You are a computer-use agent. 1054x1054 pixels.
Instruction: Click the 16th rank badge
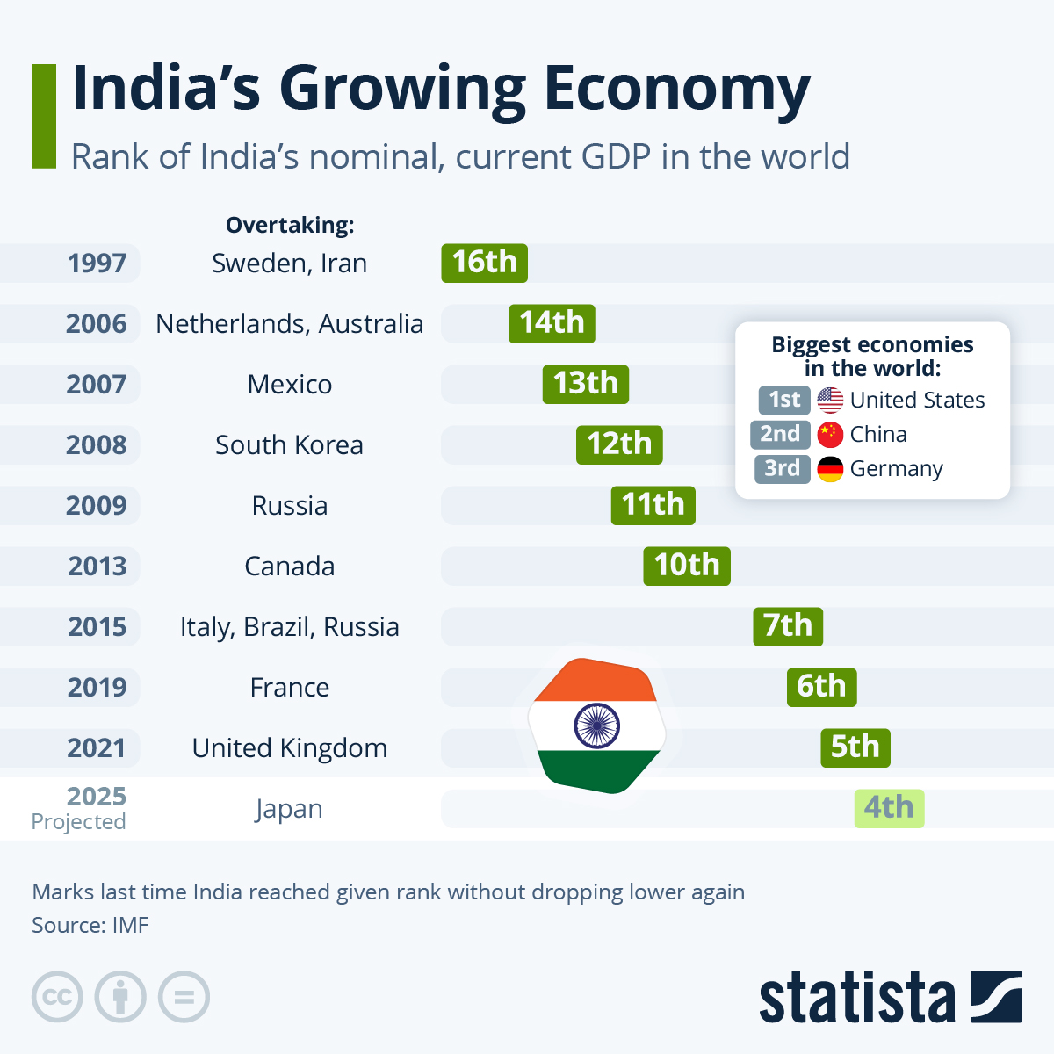(484, 263)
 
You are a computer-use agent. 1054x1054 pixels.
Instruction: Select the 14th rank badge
(552, 323)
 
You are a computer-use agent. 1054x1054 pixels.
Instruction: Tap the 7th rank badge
(788, 626)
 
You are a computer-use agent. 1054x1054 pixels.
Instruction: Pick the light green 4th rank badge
(889, 808)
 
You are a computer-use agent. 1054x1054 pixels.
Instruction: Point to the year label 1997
(97, 263)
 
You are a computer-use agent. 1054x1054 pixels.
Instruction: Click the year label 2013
(97, 567)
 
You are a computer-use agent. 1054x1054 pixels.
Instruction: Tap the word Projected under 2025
(78, 822)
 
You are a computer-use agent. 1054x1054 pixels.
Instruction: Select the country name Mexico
(290, 385)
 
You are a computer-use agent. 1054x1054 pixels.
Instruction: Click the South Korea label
(289, 445)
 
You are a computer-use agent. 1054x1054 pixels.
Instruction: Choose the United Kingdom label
(289, 748)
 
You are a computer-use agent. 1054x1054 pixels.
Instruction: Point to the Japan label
(289, 809)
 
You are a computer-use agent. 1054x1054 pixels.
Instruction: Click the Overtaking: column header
(290, 226)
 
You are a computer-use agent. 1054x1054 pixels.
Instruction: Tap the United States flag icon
(830, 401)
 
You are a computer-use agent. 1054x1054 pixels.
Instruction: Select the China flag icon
(830, 435)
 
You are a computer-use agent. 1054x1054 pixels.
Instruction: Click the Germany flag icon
(830, 469)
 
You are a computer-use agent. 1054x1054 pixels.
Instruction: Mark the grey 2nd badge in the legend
(780, 435)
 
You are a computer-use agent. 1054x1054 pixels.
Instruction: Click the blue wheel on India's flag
(597, 726)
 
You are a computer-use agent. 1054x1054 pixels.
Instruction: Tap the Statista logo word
(856, 998)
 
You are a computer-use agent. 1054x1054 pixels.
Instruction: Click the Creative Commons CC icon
(57, 998)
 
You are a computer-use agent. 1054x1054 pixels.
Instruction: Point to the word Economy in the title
(676, 90)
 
